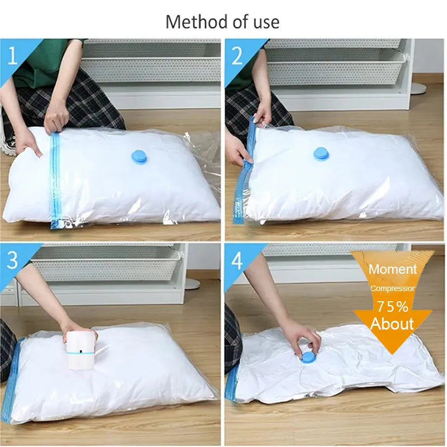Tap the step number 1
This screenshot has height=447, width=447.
click(x=12, y=56)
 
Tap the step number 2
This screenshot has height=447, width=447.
click(x=237, y=56)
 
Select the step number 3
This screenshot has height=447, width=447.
click(x=12, y=260)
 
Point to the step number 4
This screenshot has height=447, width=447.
click(x=237, y=260)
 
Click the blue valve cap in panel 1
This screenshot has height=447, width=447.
click(x=139, y=158)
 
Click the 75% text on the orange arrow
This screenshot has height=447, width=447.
click(x=393, y=307)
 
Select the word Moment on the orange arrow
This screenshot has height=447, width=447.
click(x=393, y=269)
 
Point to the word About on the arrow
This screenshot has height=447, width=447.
click(x=392, y=324)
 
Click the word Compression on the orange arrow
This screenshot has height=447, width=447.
click(x=393, y=288)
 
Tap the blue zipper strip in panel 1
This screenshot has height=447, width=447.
click(x=55, y=179)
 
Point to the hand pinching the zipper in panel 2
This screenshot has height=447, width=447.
click(x=261, y=116)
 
